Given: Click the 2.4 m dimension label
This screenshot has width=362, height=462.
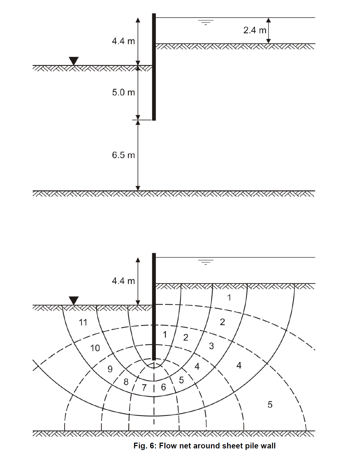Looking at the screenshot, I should tap(255, 30).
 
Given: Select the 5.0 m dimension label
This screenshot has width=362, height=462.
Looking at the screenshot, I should tap(123, 92).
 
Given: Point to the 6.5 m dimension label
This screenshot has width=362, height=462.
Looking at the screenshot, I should tap(123, 155).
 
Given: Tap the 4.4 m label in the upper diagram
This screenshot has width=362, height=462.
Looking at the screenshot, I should tap(123, 41).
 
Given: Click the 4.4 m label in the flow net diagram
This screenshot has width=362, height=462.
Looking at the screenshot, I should tap(123, 281).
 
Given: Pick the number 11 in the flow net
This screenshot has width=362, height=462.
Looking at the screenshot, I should tap(83, 322).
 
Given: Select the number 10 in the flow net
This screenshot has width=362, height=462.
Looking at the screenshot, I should tap(95, 348).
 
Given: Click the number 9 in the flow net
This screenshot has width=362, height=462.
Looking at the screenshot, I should tap(110, 369).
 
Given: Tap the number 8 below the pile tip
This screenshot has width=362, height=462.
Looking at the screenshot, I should tap(126, 382).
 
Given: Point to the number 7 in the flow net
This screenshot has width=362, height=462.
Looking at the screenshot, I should tap(144, 387).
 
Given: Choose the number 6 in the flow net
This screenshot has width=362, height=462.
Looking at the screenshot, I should tap(163, 387).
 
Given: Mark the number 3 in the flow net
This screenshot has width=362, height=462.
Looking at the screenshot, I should tap(211, 346).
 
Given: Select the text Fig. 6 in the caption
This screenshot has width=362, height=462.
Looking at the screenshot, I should tap(144, 446).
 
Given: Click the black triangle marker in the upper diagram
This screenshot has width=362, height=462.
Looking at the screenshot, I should tap(74, 61).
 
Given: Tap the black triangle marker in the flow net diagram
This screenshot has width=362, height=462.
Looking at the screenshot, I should tap(74, 300).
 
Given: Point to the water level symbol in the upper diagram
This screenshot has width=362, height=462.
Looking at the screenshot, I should tap(206, 22).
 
